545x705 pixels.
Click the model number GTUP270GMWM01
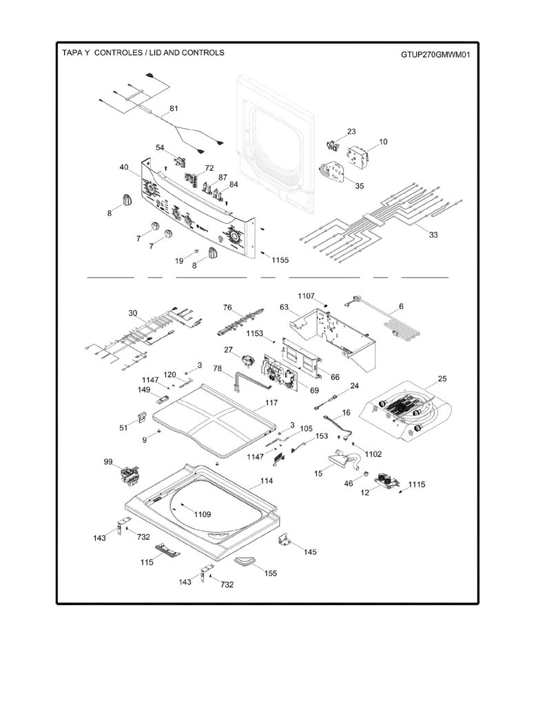point(435,55)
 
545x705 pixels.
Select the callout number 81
point(174,108)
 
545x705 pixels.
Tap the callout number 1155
point(280,260)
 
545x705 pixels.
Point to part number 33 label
point(433,234)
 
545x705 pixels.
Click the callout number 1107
point(306,296)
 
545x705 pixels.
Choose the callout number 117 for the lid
point(271,403)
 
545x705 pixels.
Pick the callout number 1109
point(203,514)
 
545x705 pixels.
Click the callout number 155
point(271,574)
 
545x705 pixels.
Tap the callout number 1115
point(417,484)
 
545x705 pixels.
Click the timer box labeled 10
point(358,157)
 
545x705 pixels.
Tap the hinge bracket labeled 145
point(285,540)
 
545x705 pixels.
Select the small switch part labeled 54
point(181,161)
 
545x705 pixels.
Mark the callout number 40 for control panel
point(124,167)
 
